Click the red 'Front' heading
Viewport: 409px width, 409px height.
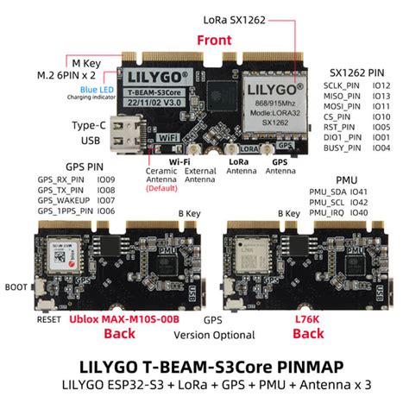point(214,40)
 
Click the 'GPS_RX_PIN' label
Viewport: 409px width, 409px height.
point(62,179)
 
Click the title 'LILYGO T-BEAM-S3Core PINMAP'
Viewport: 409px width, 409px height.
point(204,366)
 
